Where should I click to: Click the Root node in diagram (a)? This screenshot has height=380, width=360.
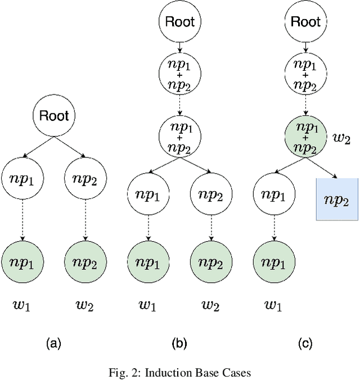(54, 116)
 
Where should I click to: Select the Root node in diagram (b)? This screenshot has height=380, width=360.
(179, 22)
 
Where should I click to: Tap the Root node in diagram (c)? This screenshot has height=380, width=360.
(305, 22)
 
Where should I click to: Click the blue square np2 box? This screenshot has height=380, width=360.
(337, 200)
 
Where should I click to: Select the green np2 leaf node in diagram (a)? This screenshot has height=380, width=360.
(85, 262)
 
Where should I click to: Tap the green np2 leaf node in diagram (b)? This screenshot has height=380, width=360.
(210, 262)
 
